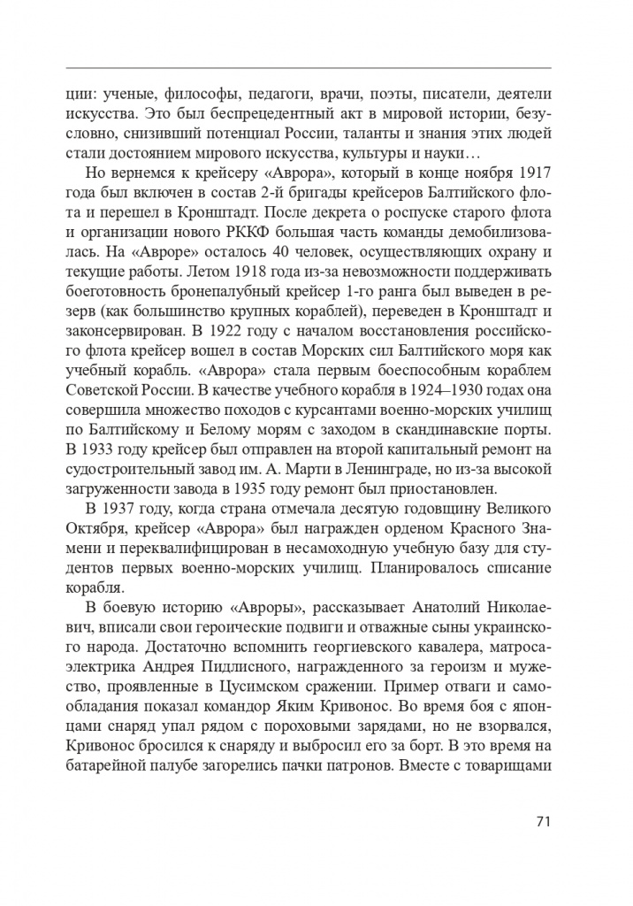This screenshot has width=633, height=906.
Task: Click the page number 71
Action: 544,820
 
